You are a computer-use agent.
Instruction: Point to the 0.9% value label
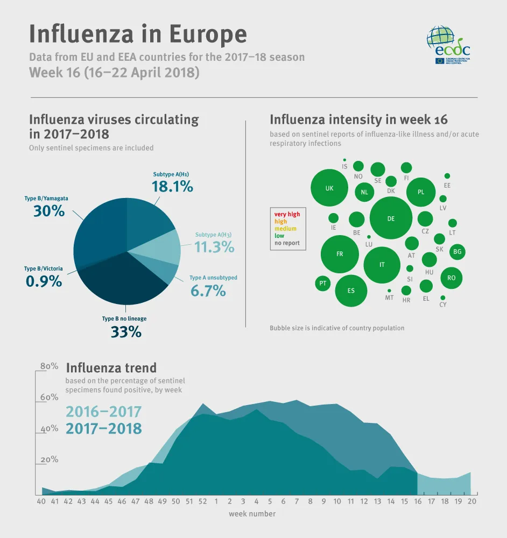click(44, 280)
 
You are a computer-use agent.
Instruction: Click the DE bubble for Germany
click(391, 218)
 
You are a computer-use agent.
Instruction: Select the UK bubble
click(330, 188)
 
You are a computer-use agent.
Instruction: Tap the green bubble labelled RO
click(452, 278)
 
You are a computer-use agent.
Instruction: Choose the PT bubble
click(323, 283)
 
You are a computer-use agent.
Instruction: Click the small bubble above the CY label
click(442, 298)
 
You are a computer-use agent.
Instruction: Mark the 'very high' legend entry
click(287, 214)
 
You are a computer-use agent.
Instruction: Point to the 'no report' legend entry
click(287, 243)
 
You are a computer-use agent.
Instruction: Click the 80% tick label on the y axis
click(50, 366)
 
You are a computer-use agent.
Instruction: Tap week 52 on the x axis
click(202, 501)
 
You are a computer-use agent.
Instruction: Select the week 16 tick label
click(418, 501)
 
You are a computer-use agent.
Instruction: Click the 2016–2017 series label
click(103, 412)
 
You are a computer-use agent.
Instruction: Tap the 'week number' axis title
click(252, 514)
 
